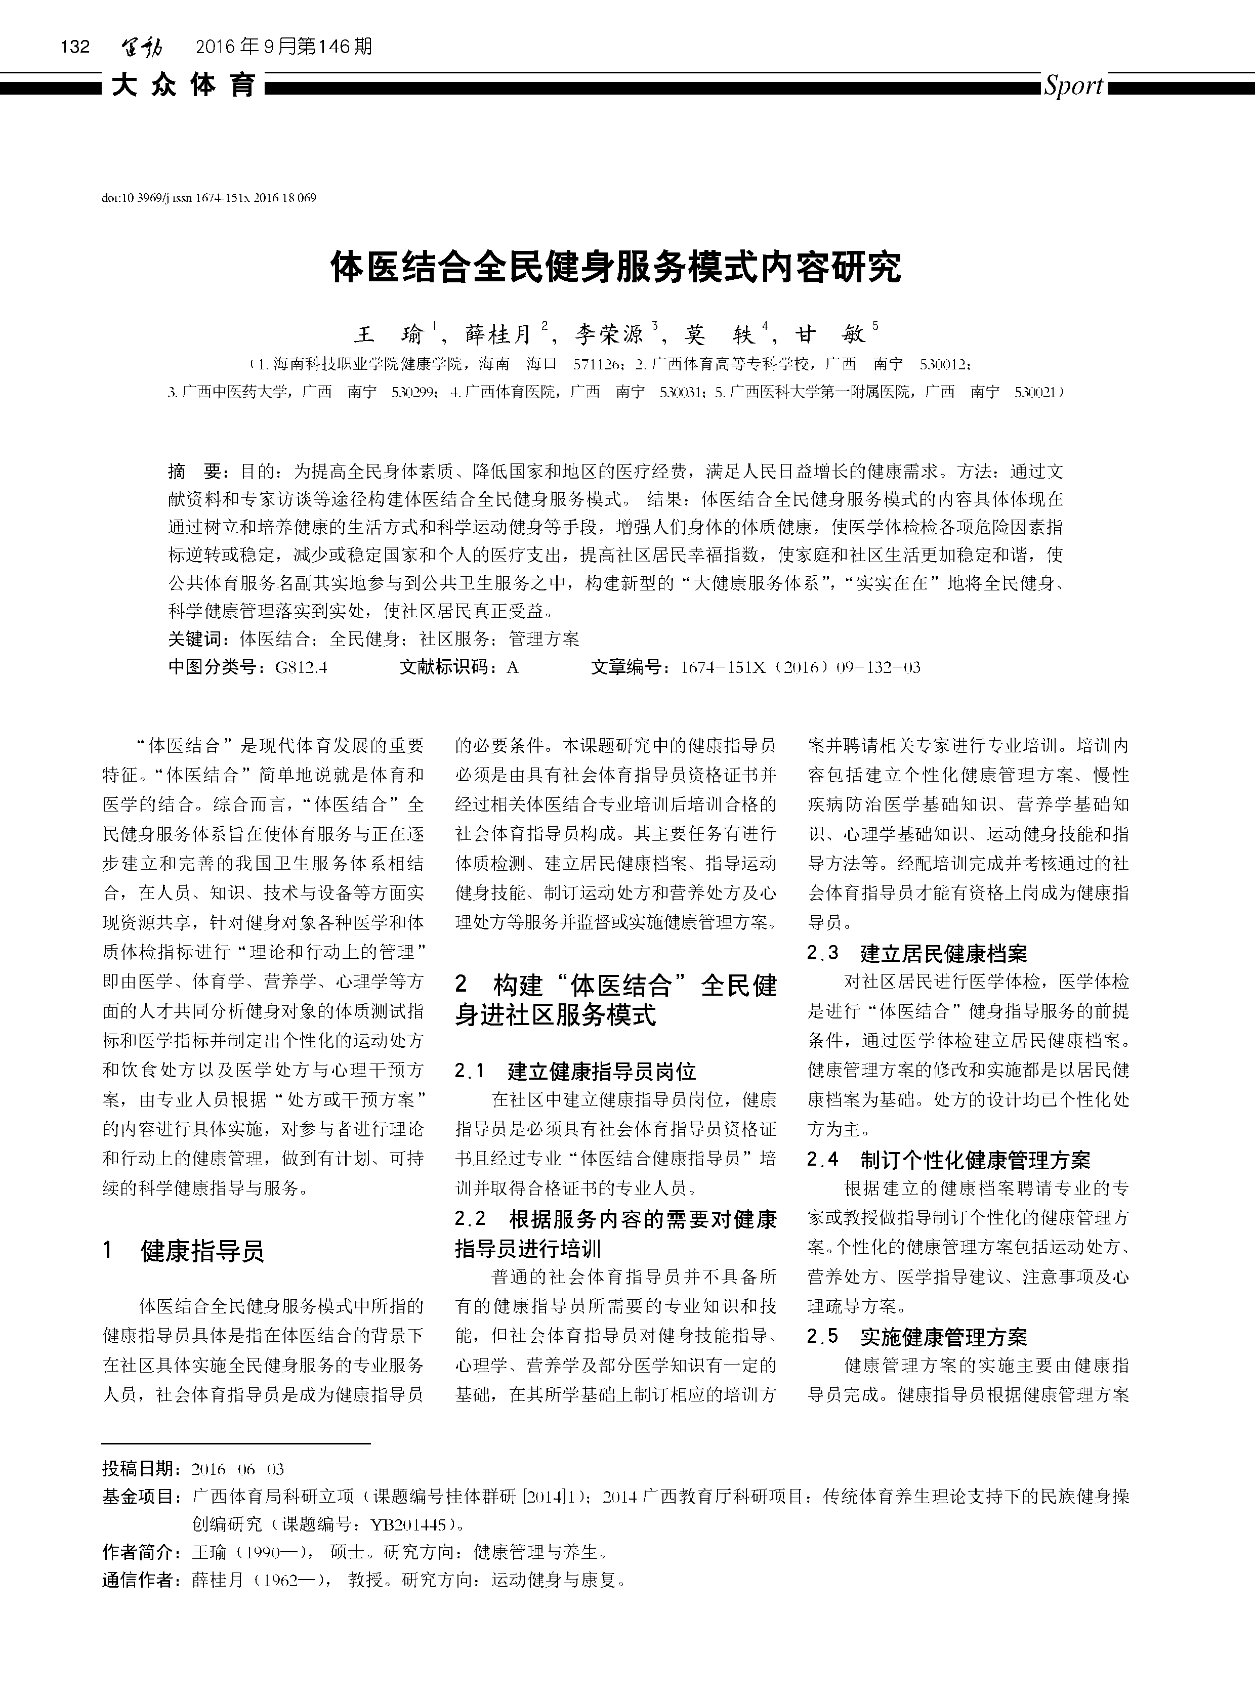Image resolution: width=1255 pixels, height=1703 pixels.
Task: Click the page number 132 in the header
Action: coord(75,47)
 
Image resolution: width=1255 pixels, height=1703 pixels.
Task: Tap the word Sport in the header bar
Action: coord(1073,86)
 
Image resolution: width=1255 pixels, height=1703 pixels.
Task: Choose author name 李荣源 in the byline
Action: coord(609,334)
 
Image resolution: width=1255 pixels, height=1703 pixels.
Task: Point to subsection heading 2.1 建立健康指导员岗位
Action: coord(575,1072)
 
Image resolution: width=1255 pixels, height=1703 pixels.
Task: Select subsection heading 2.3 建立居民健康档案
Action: coord(917,953)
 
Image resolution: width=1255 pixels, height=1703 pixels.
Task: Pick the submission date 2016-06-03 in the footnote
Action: coord(238,1469)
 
